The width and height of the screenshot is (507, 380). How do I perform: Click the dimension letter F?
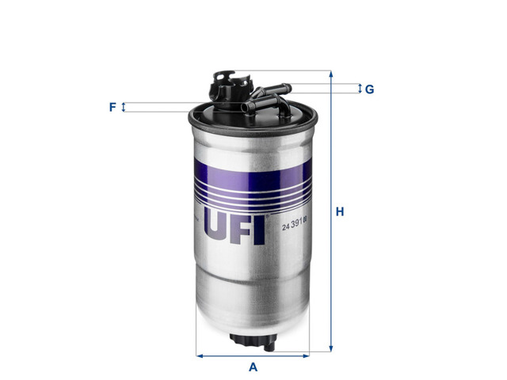click(x=112, y=107)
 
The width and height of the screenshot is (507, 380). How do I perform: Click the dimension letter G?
click(x=369, y=89)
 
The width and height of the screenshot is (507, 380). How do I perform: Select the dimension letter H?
click(x=340, y=212)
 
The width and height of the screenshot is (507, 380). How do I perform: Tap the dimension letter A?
click(x=253, y=367)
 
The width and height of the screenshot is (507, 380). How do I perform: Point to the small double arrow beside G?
click(x=359, y=89)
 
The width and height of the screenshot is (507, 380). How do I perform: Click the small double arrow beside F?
click(x=124, y=107)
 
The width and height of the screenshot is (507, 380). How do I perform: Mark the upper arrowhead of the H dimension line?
click(x=332, y=74)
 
